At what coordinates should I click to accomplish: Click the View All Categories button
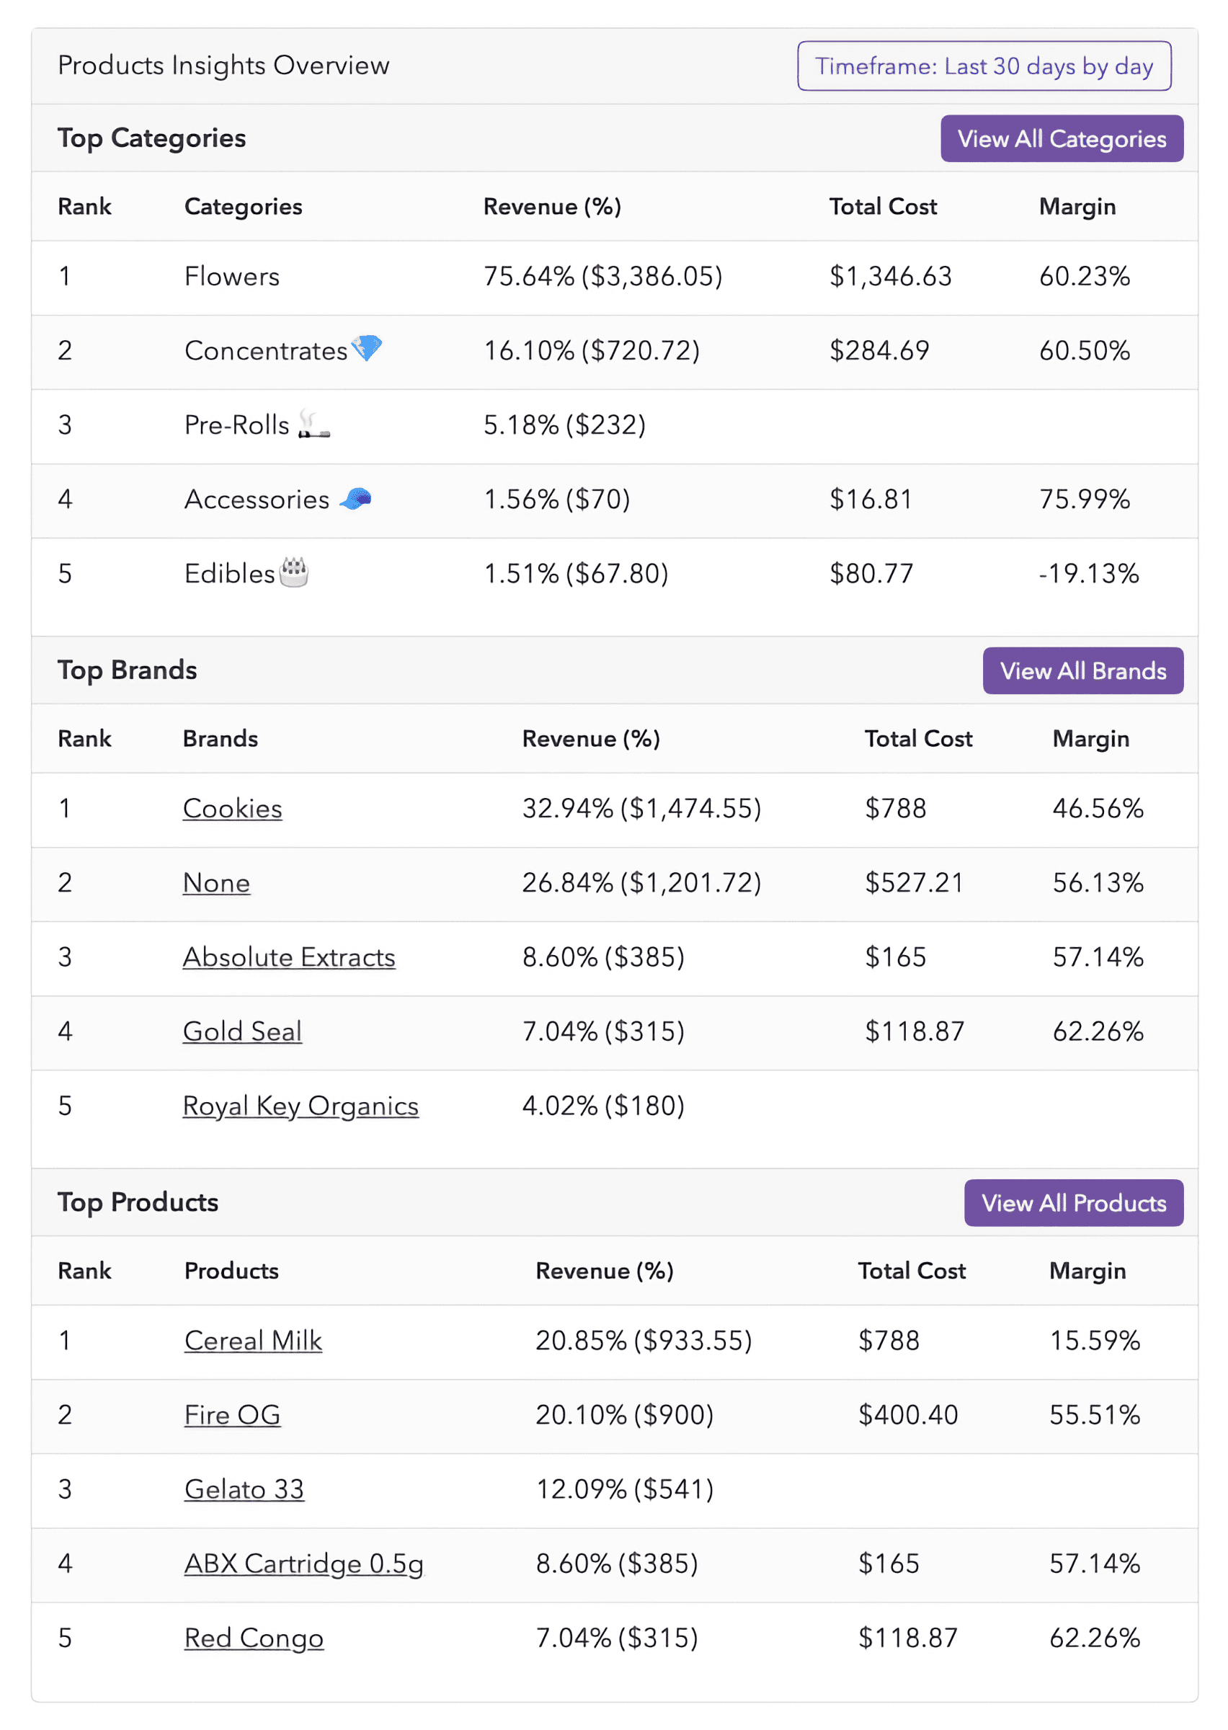click(1061, 138)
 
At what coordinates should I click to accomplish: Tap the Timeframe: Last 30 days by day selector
click(983, 66)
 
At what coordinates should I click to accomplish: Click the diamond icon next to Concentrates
click(367, 348)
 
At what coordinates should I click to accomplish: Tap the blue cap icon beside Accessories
click(355, 498)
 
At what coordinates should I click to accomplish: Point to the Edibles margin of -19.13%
click(1087, 573)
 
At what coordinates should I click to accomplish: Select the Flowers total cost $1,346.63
click(890, 276)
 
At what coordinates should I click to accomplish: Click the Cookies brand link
click(232, 808)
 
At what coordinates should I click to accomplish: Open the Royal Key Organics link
click(301, 1106)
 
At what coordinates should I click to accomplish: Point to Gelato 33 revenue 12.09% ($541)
click(625, 1489)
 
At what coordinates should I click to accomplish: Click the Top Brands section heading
click(127, 670)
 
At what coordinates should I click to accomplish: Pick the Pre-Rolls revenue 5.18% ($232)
click(564, 425)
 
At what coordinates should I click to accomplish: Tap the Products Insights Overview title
click(223, 66)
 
